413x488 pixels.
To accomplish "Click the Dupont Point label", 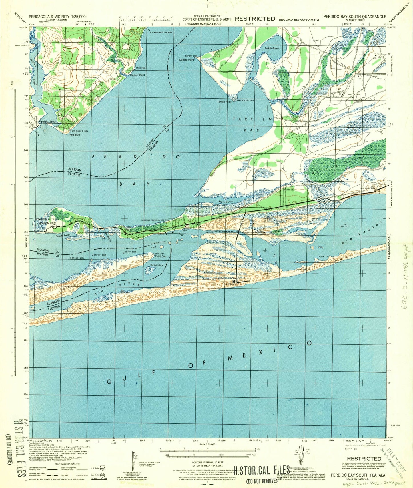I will click(x=187, y=60).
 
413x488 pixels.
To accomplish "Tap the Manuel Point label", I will click(x=137, y=75).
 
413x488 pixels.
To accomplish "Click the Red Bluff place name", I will click(x=75, y=134).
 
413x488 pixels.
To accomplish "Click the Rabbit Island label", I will click(x=157, y=265).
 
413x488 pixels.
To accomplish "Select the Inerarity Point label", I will click(x=48, y=223).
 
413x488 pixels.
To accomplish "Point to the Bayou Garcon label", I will click(x=226, y=202).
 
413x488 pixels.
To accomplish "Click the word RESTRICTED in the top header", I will click(x=255, y=19).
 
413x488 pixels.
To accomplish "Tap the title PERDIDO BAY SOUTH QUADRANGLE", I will click(x=354, y=17).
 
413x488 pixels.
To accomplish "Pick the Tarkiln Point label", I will click(x=224, y=102).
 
